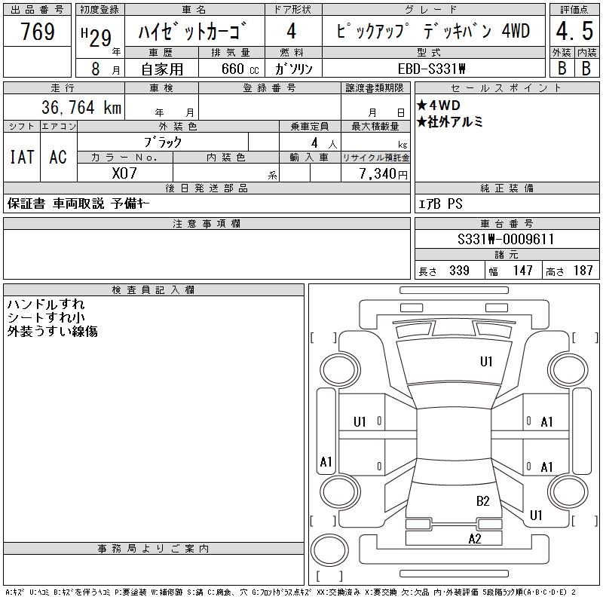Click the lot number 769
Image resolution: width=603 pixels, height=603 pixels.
tap(37, 31)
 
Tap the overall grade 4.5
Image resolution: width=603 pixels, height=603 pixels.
tap(574, 31)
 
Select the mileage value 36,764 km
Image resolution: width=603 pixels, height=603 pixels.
tap(81, 107)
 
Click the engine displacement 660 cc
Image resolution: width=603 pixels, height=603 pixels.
tap(240, 69)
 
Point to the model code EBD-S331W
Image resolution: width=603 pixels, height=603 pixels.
tap(431, 69)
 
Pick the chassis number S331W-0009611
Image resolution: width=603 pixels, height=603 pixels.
tap(506, 239)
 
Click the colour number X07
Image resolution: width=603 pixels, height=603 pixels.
tap(124, 173)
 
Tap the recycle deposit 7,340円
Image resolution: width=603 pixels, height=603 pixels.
tap(383, 174)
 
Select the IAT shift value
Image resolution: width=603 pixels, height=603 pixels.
tap(22, 157)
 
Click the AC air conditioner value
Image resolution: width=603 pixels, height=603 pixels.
tap(58, 157)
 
